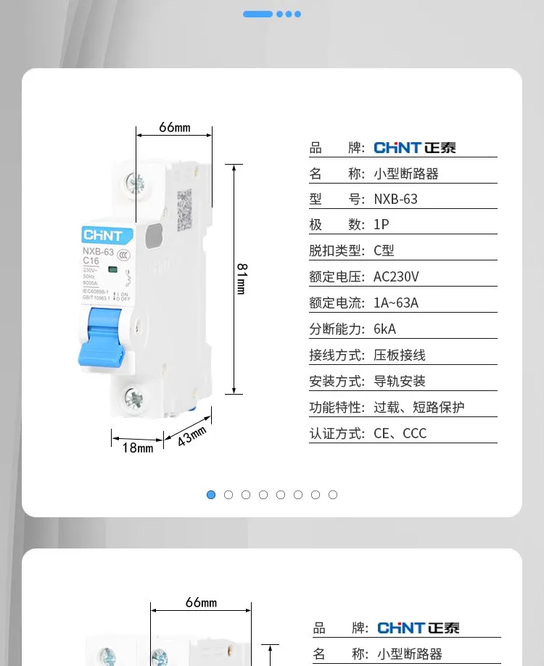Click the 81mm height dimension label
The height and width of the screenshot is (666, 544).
(242, 279)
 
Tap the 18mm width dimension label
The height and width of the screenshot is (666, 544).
(138, 448)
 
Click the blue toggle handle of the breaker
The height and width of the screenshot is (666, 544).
(102, 337)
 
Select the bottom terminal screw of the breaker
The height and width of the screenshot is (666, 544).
(134, 397)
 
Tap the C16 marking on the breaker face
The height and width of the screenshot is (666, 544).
(91, 261)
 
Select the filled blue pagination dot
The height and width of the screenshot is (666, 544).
(211, 495)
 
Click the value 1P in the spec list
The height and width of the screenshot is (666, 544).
(382, 225)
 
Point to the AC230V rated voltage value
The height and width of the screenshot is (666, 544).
(396, 277)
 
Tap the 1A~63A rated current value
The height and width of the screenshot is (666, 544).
(396, 303)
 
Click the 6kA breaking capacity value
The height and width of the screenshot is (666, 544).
(385, 329)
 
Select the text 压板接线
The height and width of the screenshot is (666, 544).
(400, 355)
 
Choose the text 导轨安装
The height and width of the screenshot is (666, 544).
(400, 382)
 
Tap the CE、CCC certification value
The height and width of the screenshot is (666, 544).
(400, 434)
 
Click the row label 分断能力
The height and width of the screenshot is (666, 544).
(337, 329)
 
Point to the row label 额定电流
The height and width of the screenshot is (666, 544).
(337, 303)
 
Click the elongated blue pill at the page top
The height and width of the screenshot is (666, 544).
(257, 14)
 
